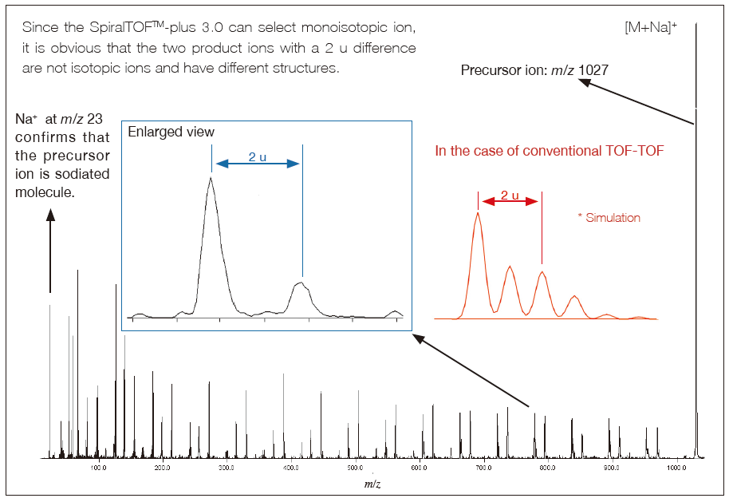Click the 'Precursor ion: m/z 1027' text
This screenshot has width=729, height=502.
tap(534, 70)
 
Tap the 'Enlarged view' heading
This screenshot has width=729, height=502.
tap(171, 132)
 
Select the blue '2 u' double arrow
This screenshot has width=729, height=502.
tap(257, 164)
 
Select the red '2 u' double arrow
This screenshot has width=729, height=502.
tap(510, 202)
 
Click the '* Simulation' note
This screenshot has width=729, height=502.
tap(609, 217)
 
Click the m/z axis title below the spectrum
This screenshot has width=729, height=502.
tap(372, 484)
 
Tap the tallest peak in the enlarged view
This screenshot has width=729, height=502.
tap(211, 180)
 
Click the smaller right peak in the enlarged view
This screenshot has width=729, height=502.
tap(301, 283)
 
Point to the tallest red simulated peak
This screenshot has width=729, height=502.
tap(477, 214)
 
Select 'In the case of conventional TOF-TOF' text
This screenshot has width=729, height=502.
tap(549, 150)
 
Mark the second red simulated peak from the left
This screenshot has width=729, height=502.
tap(510, 268)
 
